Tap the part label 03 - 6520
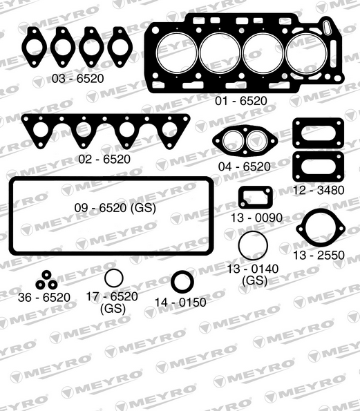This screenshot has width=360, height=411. tap(77, 79)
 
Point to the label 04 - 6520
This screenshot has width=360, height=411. tap(244, 166)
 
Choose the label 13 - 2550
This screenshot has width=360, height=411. tap(319, 255)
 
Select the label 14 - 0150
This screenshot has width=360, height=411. tap(180, 302)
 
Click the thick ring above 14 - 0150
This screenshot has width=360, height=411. tap(182, 282)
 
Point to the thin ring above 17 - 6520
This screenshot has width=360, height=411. tap(113, 279)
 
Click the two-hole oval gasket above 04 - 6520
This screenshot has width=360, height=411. tap(244, 142)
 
